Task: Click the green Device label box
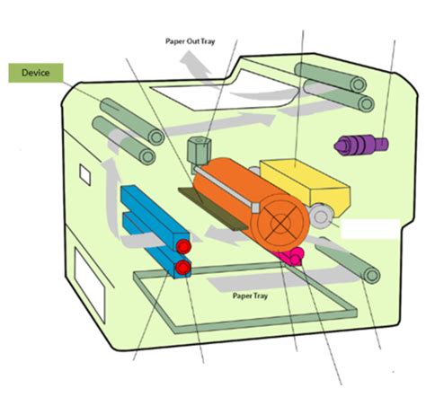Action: [x=36, y=73]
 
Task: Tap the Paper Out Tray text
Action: [x=191, y=41]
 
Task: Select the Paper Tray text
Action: [x=250, y=296]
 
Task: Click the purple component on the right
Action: [x=361, y=146]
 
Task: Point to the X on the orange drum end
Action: [x=280, y=222]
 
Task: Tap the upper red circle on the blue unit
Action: [x=183, y=246]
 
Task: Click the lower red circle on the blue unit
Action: [x=183, y=267]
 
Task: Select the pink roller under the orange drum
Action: [x=291, y=257]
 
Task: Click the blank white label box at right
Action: [x=370, y=229]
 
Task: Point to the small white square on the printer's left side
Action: [x=85, y=175]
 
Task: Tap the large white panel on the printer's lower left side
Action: [x=90, y=285]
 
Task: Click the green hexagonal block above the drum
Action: [x=199, y=151]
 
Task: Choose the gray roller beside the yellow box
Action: [x=321, y=216]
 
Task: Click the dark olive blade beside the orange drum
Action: [x=213, y=208]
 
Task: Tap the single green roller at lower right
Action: [x=348, y=259]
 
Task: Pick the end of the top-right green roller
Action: [x=358, y=84]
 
